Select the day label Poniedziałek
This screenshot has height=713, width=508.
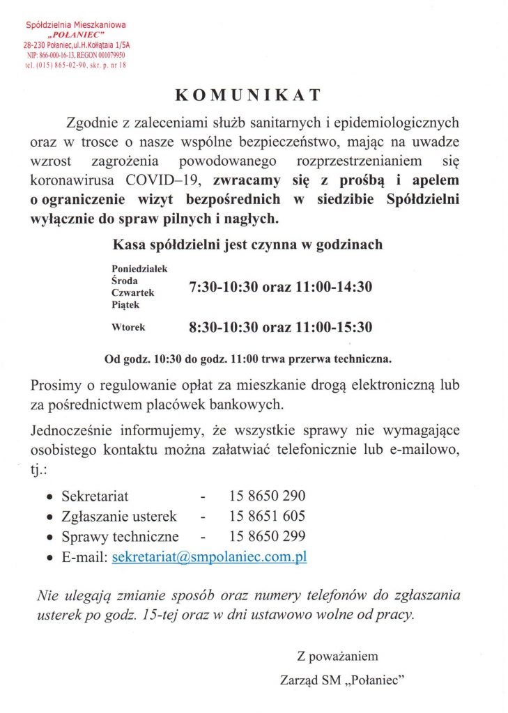coord(139,267)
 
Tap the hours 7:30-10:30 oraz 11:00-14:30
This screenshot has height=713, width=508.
coord(281,286)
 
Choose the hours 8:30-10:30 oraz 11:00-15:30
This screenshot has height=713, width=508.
coord(281,326)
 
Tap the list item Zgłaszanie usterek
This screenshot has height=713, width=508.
coord(118,517)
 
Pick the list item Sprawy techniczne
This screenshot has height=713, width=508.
coord(120,537)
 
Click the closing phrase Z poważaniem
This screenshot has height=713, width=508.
coord(337,656)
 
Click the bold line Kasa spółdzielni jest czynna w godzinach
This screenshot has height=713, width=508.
coord(247,245)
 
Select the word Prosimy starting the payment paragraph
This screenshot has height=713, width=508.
coord(56,385)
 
